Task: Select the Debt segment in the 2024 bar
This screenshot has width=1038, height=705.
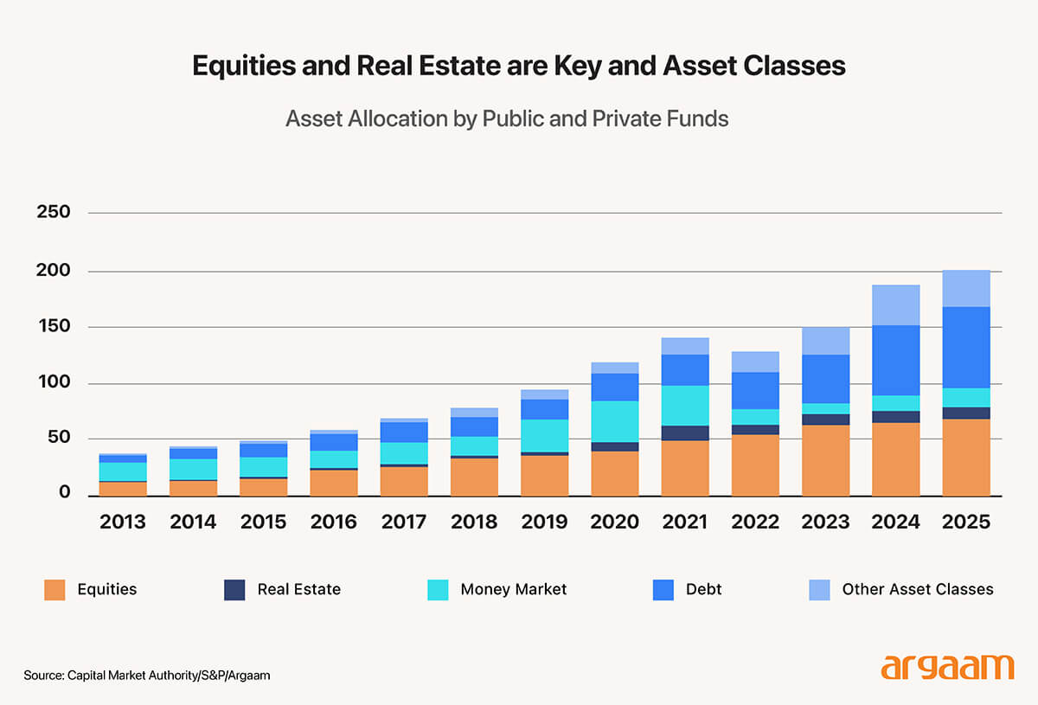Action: (x=895, y=360)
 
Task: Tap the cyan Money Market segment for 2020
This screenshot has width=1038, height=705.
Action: (x=615, y=421)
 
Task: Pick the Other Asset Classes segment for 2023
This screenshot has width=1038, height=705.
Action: (x=825, y=341)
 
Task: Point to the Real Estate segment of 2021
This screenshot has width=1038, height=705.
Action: (x=685, y=433)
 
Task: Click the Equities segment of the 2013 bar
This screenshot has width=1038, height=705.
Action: (x=123, y=488)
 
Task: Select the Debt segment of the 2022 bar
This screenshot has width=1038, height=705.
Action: (x=755, y=390)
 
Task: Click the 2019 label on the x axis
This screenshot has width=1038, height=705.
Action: (x=544, y=522)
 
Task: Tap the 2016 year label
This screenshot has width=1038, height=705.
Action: (x=333, y=522)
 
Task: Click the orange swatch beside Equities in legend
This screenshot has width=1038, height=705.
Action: (x=54, y=589)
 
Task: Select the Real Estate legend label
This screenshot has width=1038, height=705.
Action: (x=298, y=589)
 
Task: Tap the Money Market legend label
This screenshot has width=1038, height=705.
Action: (x=513, y=589)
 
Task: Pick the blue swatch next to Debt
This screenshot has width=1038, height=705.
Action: (x=663, y=589)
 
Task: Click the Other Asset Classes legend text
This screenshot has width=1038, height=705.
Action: (x=917, y=589)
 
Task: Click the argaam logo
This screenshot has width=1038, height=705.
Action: (x=947, y=667)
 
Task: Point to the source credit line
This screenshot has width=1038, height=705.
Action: (x=147, y=675)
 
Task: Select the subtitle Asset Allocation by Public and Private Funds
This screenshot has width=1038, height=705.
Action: (x=507, y=119)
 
